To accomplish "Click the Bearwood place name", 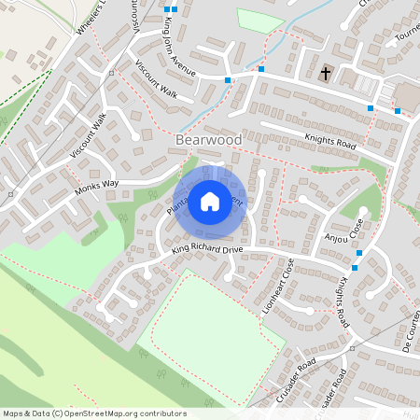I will [x=208, y=140].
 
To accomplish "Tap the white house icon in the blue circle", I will [x=210, y=201].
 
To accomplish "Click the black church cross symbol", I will [x=326, y=72].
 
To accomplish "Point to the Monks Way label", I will [x=98, y=186].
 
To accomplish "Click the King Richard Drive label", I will [x=206, y=250].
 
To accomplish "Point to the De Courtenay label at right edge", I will [x=408, y=327].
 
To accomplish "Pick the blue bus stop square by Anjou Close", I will [x=358, y=253].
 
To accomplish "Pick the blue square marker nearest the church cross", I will [x=261, y=69].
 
